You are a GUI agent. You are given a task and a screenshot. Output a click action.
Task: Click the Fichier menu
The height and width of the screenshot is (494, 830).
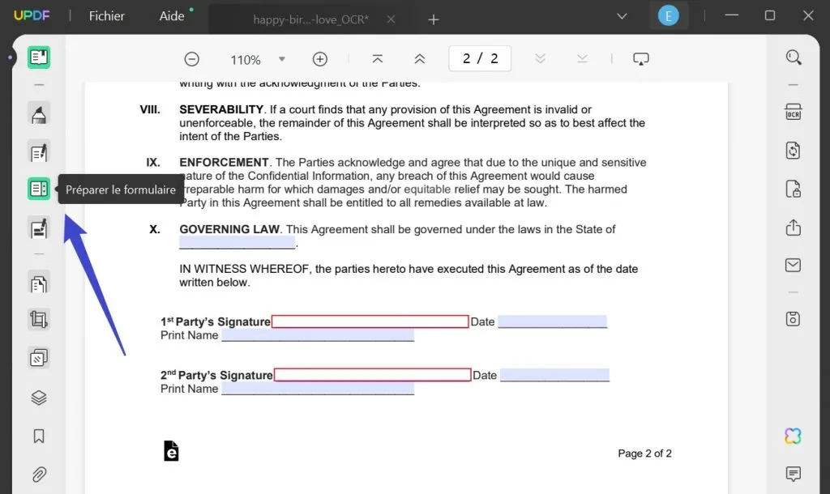tap(106, 16)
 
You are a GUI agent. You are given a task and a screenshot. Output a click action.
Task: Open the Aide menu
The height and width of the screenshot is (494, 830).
tap(172, 16)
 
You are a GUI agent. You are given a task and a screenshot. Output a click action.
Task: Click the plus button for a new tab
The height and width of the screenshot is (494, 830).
tap(434, 19)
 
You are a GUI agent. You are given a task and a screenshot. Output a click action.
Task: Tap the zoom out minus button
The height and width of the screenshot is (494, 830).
tap(192, 59)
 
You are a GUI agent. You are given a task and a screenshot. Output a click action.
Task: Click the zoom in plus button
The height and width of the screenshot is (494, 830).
tap(320, 59)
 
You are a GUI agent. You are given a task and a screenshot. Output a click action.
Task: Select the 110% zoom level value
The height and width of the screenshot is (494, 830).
tap(246, 60)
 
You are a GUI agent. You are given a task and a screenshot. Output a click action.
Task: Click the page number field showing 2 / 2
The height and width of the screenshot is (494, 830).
tap(481, 58)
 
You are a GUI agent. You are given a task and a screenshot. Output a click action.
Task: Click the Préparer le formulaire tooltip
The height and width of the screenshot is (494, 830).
tap(121, 190)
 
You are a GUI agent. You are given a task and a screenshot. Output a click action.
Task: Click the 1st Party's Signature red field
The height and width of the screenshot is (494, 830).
tap(370, 322)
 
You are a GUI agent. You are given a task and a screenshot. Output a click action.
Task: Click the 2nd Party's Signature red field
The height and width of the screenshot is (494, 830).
tap(372, 375)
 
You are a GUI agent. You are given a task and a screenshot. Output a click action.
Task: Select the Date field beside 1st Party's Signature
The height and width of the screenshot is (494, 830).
tap(552, 322)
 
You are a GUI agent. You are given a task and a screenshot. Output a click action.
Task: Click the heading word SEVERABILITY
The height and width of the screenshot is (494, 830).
tap(221, 109)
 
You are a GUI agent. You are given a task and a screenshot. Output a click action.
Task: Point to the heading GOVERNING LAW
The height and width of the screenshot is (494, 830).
tap(229, 229)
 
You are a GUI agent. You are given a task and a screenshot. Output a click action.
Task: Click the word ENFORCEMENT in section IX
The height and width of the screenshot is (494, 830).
tap(224, 162)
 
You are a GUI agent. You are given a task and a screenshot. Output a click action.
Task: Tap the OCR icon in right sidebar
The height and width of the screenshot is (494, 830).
tap(794, 112)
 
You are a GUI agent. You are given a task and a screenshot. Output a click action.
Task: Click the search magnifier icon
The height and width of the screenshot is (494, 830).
tap(794, 57)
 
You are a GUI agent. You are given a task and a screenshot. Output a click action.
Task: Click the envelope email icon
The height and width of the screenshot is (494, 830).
tap(794, 266)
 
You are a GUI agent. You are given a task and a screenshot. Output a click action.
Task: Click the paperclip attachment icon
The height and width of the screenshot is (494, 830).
tap(39, 475)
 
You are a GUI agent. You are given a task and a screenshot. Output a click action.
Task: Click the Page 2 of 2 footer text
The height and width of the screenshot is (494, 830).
tap(644, 454)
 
